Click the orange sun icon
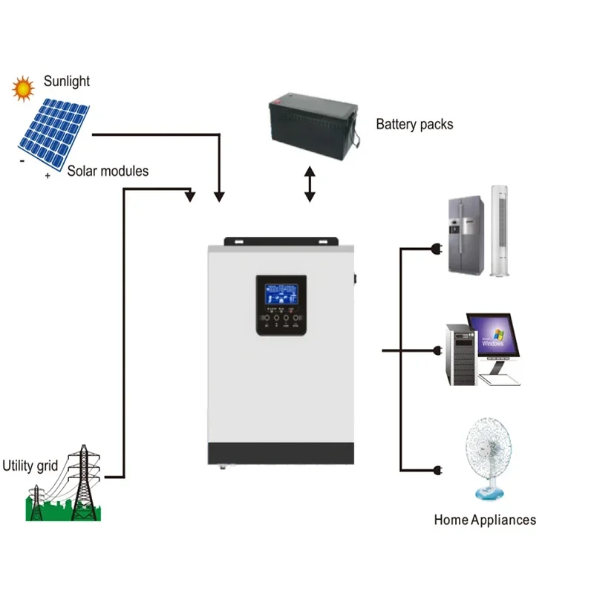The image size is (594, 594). pos(24,88)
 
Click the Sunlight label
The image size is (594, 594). pos(67,81)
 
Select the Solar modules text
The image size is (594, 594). pos(108,172)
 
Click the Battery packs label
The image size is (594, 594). pos(414,124)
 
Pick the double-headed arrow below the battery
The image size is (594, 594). pos(310,185)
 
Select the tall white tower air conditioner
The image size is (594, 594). pos(500,231)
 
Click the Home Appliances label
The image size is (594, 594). pos(485,520)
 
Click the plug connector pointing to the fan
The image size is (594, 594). pos(437,470)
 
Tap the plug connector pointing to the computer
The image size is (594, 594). pos(437,350)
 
